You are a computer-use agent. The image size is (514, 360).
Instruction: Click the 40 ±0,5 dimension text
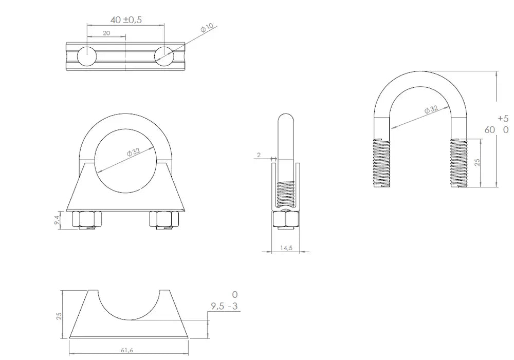click(x=126, y=20)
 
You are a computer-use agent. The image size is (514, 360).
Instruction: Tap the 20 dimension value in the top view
click(x=106, y=33)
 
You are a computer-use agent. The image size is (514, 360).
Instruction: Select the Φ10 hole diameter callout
click(x=207, y=28)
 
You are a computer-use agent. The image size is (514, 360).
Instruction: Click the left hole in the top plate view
click(x=87, y=56)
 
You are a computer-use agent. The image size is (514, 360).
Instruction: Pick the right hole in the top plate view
click(x=164, y=56)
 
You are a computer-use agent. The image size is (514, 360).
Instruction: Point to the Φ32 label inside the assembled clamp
click(x=134, y=152)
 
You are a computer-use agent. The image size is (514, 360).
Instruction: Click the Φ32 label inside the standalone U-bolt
click(x=431, y=109)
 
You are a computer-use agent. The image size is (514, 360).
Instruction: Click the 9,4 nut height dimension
click(x=57, y=220)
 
